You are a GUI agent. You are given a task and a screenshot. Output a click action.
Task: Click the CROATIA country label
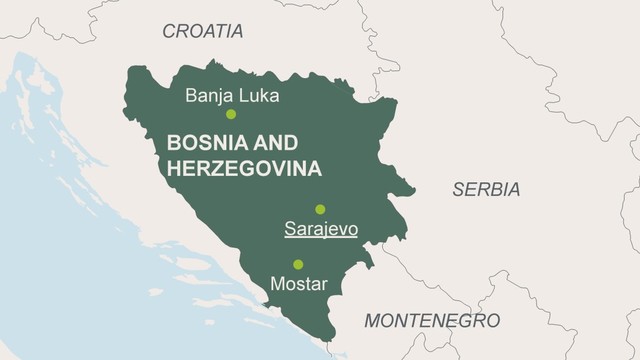(202, 31)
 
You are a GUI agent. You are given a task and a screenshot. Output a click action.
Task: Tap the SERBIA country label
(486, 189)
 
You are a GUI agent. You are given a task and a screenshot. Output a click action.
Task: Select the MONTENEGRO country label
(431, 321)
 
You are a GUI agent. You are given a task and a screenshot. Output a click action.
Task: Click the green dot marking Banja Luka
(231, 114)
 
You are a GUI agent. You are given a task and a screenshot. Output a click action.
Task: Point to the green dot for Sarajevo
(320, 209)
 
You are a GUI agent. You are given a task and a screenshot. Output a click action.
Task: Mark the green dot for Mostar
(298, 264)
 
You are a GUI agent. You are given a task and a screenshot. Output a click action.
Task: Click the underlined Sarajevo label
(320, 230)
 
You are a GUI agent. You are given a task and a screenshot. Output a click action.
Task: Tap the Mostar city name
(299, 284)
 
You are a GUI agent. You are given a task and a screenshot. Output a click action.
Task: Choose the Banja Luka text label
(232, 96)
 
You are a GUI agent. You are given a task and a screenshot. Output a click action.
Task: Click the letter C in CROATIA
(169, 31)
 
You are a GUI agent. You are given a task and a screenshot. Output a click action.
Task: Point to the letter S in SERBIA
(457, 189)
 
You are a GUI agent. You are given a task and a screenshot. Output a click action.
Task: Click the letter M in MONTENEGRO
(371, 321)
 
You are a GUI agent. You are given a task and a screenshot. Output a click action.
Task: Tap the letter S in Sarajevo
(290, 230)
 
